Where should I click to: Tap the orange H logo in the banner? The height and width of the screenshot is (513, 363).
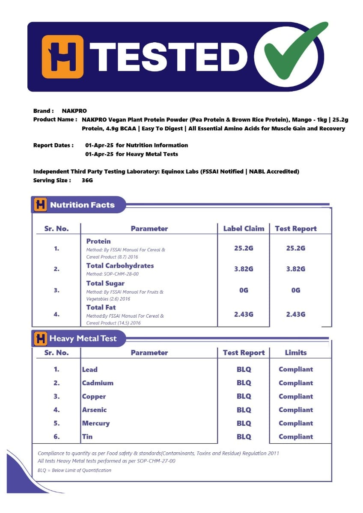tap(62, 57)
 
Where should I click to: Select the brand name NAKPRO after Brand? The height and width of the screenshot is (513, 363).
tap(74, 111)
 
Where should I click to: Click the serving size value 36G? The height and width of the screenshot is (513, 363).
tap(87, 180)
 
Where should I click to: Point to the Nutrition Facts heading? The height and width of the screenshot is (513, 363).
tap(82, 205)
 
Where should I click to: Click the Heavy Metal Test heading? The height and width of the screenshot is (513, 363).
tap(83, 339)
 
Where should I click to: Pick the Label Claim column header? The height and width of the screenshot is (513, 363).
tap(244, 228)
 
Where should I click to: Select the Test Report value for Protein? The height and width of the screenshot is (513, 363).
tap(295, 248)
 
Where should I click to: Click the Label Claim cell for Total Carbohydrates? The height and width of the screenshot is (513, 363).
tap(244, 269)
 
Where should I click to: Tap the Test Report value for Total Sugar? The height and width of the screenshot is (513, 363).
tap(295, 290)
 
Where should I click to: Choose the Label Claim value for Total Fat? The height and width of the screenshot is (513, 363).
tap(244, 314)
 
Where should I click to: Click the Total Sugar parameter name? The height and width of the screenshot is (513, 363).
tap(105, 283)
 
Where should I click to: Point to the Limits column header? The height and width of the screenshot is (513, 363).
tap(295, 353)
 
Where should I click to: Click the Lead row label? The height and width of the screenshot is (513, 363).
tap(90, 369)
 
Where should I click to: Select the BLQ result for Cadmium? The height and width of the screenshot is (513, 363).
tap(244, 383)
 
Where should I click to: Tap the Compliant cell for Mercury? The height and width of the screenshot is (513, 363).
tap(295, 423)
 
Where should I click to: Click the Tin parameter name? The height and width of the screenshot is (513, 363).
tap(87, 436)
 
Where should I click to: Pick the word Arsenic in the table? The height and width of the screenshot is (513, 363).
tap(94, 410)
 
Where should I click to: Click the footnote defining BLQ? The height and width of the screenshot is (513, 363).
tap(74, 470)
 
